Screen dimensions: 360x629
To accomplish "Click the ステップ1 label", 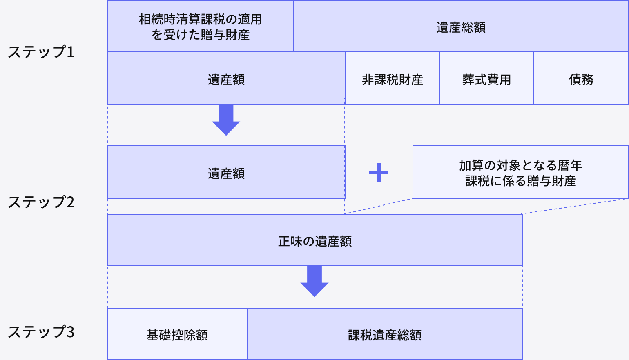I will (41, 52).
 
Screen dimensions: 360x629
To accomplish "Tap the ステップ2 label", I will (41, 202).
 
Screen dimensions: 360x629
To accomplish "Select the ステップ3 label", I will (41, 332).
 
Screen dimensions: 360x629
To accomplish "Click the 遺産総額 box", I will (461, 27).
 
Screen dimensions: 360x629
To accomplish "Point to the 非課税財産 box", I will (392, 79).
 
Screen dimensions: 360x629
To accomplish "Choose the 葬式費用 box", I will (486, 79).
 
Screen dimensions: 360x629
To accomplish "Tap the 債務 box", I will (581, 79).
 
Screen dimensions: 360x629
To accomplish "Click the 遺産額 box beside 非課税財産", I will (226, 79).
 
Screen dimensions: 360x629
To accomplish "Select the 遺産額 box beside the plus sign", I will (226, 173).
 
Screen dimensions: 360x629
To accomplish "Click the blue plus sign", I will (379, 173).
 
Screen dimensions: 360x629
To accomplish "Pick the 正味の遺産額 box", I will (314, 241).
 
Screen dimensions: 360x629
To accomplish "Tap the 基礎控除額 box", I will (177, 335).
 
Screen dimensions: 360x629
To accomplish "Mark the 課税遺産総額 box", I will (384, 335).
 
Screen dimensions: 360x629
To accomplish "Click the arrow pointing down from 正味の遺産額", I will (314, 281).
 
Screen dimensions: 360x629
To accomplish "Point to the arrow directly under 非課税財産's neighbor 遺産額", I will (226, 120).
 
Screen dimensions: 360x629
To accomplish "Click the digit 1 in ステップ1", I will (70, 52).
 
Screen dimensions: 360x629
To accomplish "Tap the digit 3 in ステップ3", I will (70, 332).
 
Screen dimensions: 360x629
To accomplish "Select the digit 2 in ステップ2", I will (70, 202).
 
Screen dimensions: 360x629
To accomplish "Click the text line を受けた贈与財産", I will (200, 35).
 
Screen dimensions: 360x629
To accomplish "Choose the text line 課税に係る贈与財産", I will (520, 181).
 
